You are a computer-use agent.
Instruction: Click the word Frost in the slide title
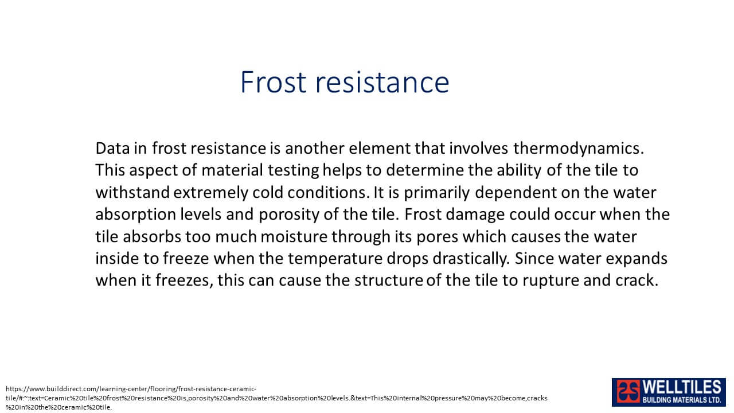(274, 82)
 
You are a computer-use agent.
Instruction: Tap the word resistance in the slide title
(382, 82)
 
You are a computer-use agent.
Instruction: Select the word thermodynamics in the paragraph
(579, 149)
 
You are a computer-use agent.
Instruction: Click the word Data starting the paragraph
(112, 149)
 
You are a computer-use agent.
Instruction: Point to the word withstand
(132, 192)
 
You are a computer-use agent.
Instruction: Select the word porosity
(289, 215)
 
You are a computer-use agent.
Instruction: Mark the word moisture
(294, 237)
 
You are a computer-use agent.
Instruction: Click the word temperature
(335, 259)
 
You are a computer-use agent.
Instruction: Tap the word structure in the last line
(389, 280)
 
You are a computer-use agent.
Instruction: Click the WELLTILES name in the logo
(682, 387)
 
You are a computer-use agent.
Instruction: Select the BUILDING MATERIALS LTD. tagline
(682, 400)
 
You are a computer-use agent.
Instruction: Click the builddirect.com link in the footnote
(276, 398)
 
